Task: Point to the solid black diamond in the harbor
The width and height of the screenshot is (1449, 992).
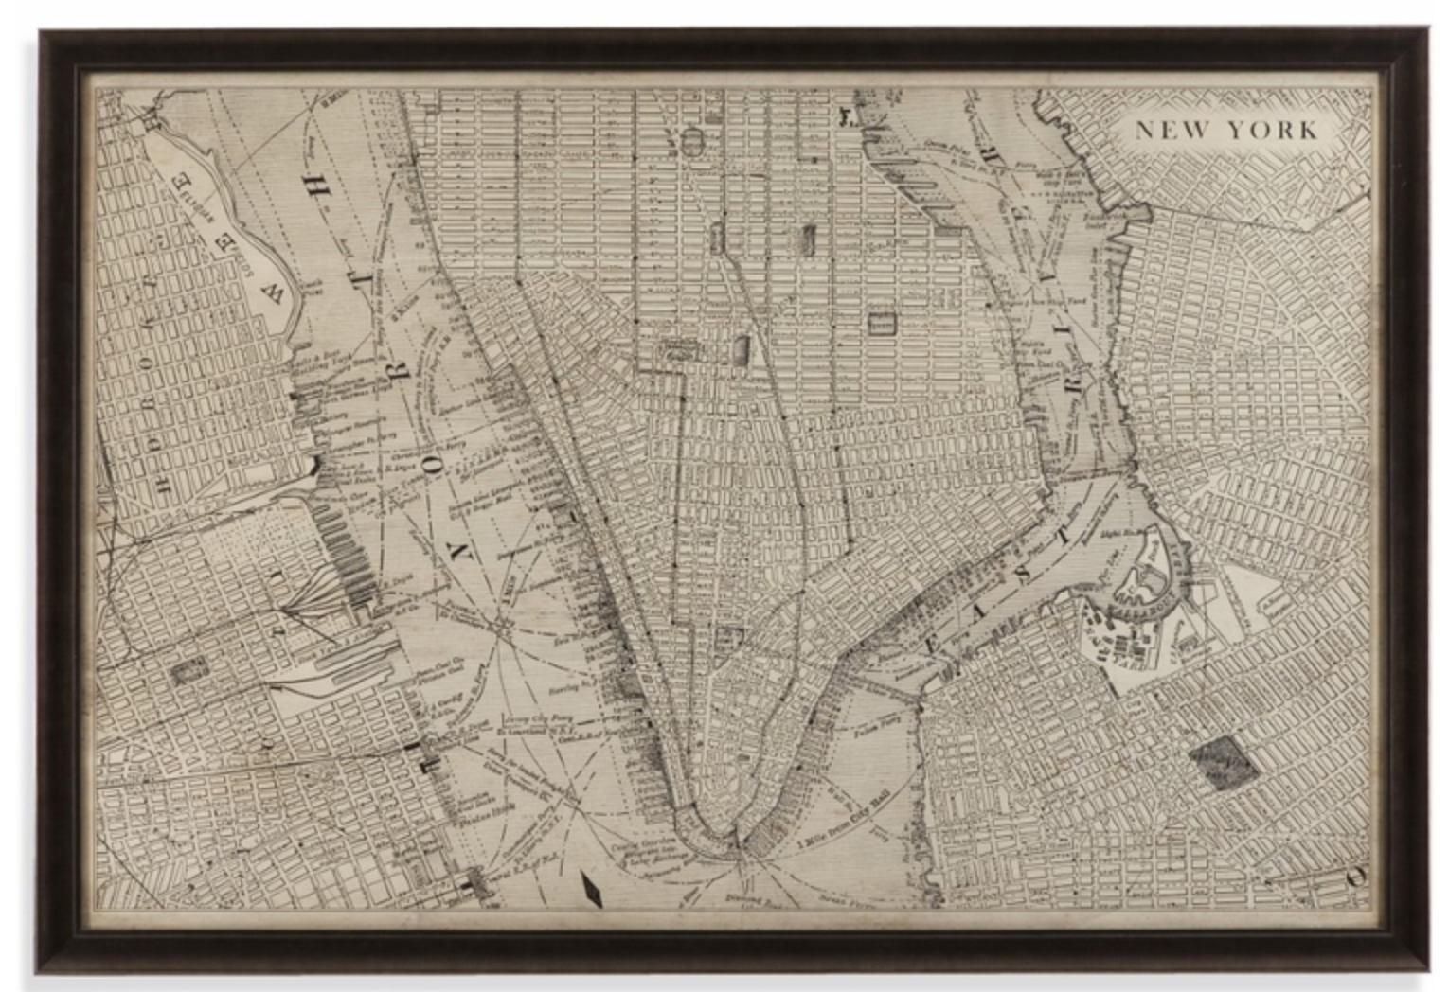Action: coord(593,891)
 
